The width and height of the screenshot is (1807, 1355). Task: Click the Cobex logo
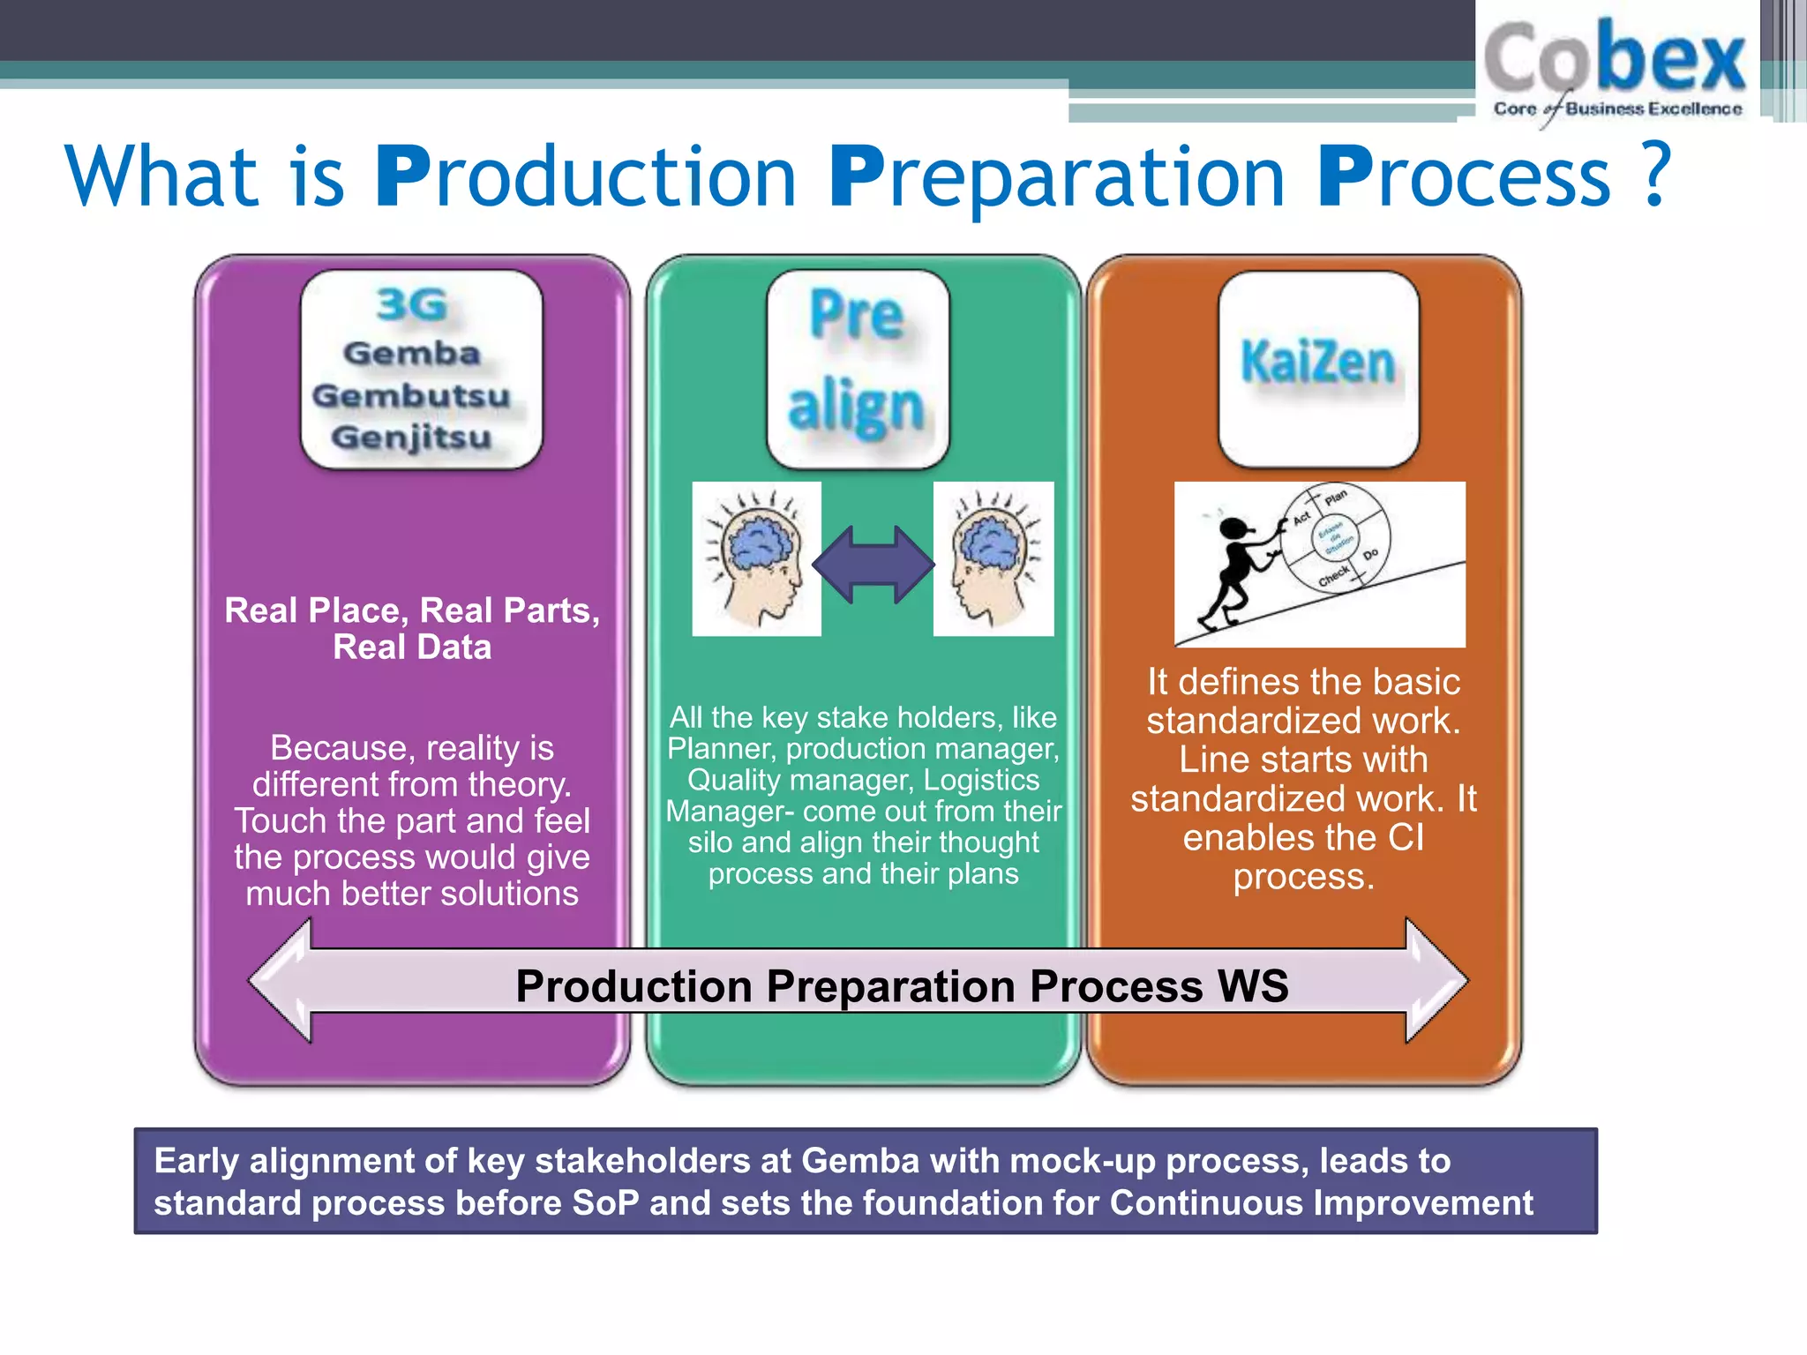(x=1615, y=66)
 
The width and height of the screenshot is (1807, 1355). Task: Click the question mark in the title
(x=1657, y=174)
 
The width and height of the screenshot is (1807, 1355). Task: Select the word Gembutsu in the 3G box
(x=411, y=395)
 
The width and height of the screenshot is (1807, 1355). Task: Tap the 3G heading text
(x=411, y=305)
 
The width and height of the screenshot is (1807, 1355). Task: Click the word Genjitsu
(x=411, y=437)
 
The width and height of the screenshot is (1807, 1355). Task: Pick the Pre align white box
(x=858, y=369)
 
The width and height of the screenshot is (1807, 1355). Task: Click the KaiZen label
(x=1317, y=363)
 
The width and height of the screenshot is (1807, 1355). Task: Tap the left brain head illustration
(x=757, y=558)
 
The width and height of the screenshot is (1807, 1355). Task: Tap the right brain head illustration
(x=993, y=558)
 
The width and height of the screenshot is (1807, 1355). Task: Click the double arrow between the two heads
(x=874, y=565)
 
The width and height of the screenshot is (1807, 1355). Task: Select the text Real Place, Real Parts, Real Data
(x=412, y=628)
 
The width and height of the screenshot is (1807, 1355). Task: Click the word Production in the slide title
(x=587, y=176)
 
